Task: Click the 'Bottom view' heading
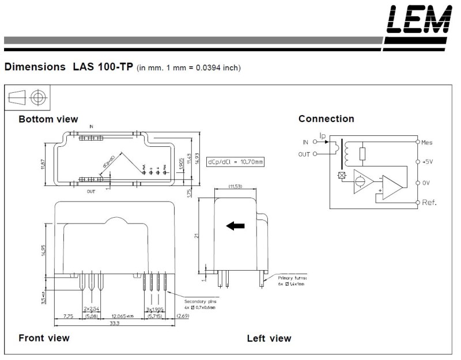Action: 48,119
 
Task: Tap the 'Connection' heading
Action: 326,119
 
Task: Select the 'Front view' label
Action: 44,338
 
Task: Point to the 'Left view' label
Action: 269,338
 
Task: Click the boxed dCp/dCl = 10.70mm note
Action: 236,162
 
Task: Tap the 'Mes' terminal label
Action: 427,142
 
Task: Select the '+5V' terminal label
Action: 427,162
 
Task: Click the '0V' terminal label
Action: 426,183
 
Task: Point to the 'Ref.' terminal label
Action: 429,203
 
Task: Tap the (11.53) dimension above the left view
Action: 235,187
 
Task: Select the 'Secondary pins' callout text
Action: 199,302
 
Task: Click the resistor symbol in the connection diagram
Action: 362,154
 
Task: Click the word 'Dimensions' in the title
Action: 35,67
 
